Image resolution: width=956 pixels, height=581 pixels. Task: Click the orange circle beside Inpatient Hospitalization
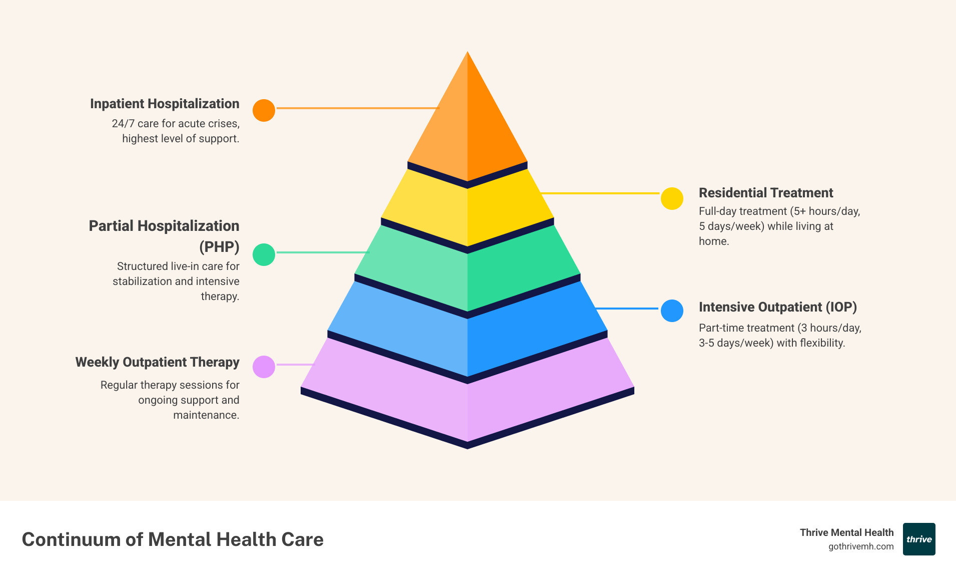point(264,110)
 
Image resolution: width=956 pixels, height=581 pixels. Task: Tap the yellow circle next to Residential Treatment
point(672,199)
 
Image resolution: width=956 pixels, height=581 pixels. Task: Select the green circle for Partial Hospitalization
point(264,254)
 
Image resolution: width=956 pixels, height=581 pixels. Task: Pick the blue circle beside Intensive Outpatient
point(672,311)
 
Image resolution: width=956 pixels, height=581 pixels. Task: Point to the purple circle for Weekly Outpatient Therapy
point(264,367)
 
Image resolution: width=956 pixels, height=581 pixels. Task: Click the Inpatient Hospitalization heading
point(165,104)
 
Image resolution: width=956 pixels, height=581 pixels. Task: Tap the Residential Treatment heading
point(765,193)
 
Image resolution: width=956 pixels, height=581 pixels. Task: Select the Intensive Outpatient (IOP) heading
point(777,307)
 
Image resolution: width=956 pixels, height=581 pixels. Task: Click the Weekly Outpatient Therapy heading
point(157,362)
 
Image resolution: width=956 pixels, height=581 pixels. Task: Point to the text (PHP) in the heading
point(219,247)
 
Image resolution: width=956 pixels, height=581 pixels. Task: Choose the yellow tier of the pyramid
point(467,210)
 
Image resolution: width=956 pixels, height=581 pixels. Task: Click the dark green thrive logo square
point(919,539)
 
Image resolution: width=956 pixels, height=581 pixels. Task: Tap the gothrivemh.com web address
point(860,546)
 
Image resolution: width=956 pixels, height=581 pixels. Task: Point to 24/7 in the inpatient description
point(123,124)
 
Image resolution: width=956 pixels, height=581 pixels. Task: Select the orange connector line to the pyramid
point(357,108)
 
